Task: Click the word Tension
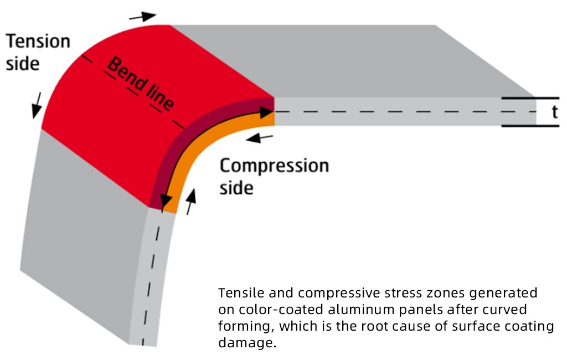[38, 41]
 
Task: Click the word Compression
[275, 166]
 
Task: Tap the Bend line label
[141, 84]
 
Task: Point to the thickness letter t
[555, 112]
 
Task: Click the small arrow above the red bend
[142, 16]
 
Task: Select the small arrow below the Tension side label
[37, 105]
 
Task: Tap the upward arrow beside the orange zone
[190, 202]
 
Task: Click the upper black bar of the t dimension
[530, 98]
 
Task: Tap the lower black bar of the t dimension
[530, 126]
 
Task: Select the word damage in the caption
[248, 343]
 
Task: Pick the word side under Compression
[236, 188]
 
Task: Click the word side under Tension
[23, 64]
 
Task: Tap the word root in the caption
[377, 326]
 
